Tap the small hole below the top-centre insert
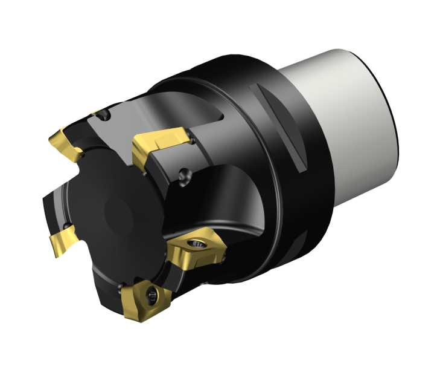tap(184, 176)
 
